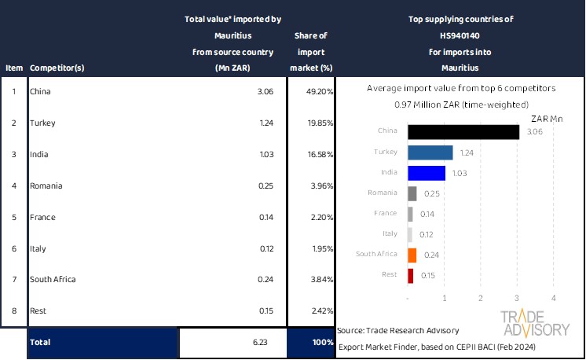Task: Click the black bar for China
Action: (463, 132)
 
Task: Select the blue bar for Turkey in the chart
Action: (430, 152)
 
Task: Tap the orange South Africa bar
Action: (412, 255)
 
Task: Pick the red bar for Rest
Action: (411, 275)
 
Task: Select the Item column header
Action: (14, 68)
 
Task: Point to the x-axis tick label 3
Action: (517, 298)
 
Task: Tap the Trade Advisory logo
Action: (536, 323)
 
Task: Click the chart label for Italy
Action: (390, 234)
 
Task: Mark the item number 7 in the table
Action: (13, 279)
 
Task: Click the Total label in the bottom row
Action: (41, 343)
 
